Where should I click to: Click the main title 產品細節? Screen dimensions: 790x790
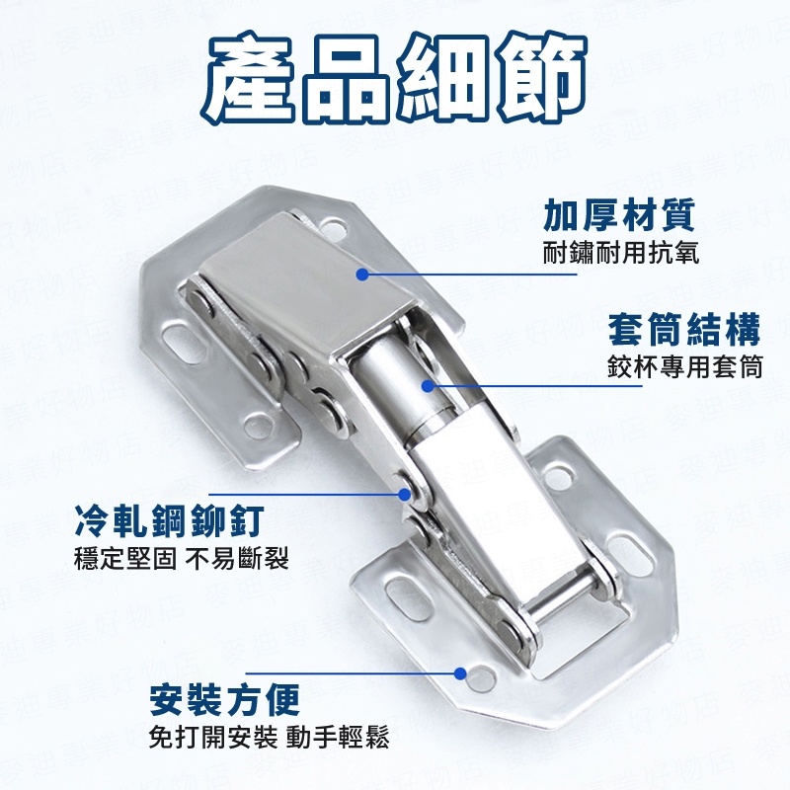pyautogui.click(x=394, y=79)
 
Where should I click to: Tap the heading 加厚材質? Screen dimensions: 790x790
pyautogui.click(x=619, y=214)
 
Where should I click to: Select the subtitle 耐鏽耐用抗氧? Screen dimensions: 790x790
pyautogui.click(x=621, y=253)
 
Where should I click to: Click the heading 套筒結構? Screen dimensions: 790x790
pyautogui.click(x=683, y=330)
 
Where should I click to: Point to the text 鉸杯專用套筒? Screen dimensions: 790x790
pyautogui.click(x=684, y=367)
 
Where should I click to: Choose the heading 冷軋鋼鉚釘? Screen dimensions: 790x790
pyautogui.click(x=169, y=521)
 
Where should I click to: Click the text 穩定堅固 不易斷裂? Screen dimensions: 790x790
pyautogui.click(x=182, y=558)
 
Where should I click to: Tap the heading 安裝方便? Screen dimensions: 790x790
pyautogui.click(x=225, y=699)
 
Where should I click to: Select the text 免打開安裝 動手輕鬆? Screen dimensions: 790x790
pyautogui.click(x=269, y=738)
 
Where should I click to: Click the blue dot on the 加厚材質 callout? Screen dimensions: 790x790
pyautogui.click(x=362, y=275)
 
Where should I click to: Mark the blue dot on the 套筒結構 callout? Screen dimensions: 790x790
pyautogui.click(x=428, y=386)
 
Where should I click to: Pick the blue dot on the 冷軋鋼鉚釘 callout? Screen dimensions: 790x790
pyautogui.click(x=404, y=495)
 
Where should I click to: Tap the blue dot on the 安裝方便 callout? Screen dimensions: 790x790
pyautogui.click(x=459, y=673)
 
